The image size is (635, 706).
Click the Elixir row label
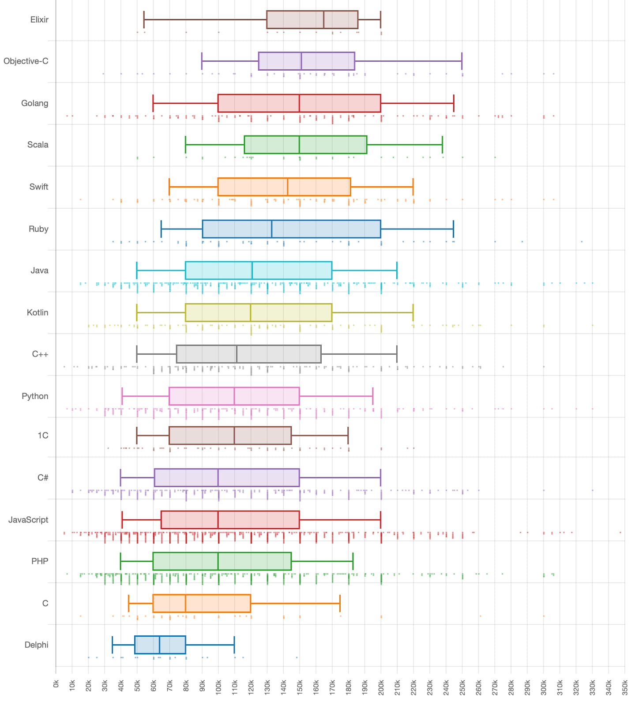click(39, 20)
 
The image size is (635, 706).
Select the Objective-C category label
click(26, 61)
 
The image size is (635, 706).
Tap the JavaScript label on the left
click(28, 520)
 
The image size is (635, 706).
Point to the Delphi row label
click(36, 645)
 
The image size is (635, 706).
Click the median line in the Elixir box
click(324, 20)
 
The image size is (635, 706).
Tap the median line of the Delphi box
click(160, 645)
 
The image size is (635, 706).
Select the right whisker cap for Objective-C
click(462, 61)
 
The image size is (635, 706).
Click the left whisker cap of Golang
click(153, 103)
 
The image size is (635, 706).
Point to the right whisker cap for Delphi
click(234, 645)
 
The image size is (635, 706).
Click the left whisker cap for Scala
click(186, 145)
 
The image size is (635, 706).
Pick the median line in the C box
click(186, 604)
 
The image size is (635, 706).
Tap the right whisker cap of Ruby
click(453, 229)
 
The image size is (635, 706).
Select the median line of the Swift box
click(288, 187)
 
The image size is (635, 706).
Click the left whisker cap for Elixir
click(144, 20)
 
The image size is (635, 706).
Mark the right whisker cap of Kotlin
click(413, 312)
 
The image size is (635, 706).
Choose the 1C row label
click(43, 436)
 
